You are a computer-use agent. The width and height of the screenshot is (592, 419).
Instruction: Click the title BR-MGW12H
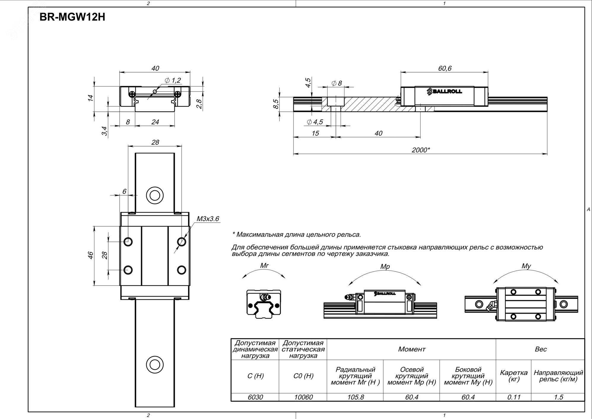(72, 18)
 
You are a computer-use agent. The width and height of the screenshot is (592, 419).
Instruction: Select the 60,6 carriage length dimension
(445, 68)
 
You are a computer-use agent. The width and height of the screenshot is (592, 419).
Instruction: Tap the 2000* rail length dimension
(420, 150)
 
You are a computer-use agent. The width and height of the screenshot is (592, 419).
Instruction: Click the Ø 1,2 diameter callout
(173, 80)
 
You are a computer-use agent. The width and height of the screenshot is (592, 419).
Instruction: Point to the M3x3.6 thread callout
(208, 219)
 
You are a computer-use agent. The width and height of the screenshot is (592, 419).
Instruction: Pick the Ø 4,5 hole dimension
(315, 122)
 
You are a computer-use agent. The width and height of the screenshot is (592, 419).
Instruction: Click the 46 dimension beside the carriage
(91, 255)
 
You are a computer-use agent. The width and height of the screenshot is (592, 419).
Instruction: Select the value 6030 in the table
(255, 397)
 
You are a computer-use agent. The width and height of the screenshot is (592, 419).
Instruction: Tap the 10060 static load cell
(303, 397)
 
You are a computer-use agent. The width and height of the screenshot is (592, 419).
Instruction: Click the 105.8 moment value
(355, 397)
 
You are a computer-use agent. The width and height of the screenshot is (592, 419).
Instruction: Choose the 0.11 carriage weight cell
(514, 397)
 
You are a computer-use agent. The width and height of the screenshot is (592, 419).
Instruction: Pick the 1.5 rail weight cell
(558, 397)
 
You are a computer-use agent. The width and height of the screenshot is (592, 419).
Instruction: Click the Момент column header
(412, 349)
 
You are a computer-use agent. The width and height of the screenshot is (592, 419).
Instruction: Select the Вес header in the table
(540, 349)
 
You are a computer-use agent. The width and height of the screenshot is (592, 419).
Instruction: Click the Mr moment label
(264, 265)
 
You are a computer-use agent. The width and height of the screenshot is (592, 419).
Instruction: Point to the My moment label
(526, 266)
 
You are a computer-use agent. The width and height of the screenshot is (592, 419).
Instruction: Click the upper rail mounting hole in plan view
(155, 195)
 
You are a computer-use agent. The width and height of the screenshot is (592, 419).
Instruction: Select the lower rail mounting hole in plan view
(155, 364)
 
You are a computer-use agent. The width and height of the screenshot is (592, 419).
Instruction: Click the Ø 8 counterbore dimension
(337, 83)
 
